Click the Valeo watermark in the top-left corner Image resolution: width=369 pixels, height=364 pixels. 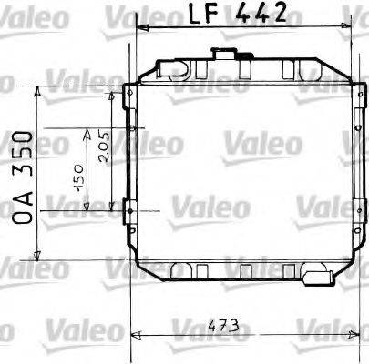[31, 15]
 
